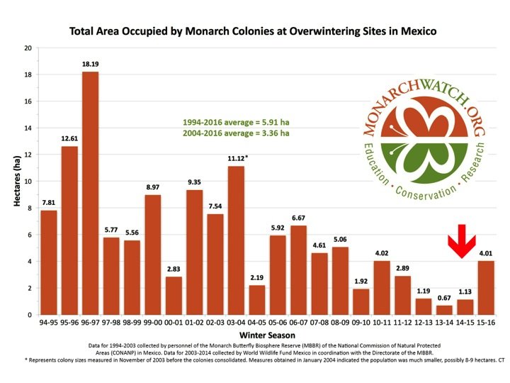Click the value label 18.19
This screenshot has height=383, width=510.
(90, 65)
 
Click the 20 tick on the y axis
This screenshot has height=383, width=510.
(28, 48)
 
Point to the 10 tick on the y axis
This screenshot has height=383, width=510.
(28, 182)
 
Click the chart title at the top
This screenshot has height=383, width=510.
(254, 31)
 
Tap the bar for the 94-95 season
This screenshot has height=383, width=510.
(49, 262)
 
